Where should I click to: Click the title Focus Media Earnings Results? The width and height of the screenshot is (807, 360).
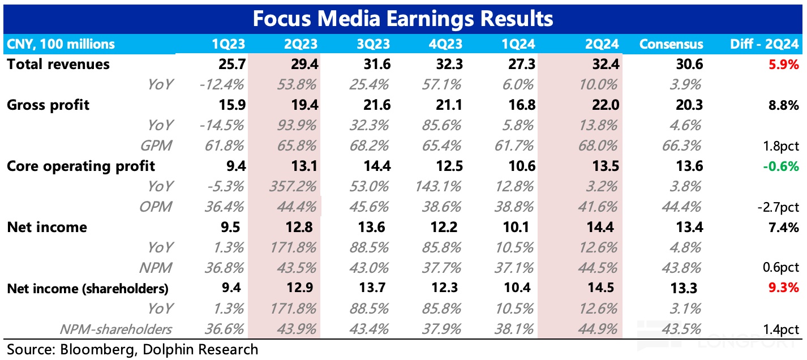402,19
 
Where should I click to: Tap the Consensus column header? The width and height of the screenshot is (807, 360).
671,44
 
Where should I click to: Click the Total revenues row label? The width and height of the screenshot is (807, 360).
58,64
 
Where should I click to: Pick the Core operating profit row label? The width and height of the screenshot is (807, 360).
81,166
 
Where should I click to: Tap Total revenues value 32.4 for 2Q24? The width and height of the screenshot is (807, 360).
605,64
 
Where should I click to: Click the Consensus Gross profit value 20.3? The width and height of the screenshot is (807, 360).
689,105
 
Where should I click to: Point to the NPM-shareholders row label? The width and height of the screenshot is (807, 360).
117,329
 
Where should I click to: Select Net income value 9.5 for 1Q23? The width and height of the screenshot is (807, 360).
233,227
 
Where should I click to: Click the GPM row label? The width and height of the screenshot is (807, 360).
156,145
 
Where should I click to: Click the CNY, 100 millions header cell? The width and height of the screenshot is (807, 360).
61,44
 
